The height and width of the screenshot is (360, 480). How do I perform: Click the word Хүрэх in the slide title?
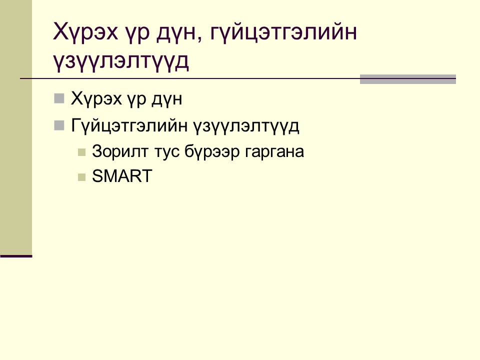click(x=85, y=31)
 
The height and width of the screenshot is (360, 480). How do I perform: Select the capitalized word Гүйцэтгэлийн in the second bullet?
click(x=129, y=126)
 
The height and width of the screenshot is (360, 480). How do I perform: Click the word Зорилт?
click(x=120, y=151)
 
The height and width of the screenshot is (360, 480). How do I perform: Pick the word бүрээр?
click(x=212, y=152)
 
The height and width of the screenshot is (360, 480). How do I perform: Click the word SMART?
click(x=122, y=176)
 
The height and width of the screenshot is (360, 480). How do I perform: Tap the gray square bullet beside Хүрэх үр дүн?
click(x=59, y=98)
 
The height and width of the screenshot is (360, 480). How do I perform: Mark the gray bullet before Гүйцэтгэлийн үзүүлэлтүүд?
click(x=59, y=125)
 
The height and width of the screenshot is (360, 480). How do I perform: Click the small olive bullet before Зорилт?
click(x=81, y=152)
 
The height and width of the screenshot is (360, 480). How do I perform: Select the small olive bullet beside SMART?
click(x=81, y=177)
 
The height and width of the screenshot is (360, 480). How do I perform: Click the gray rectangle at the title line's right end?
click(x=408, y=79)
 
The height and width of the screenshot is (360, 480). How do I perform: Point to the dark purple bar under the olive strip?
click(x=16, y=256)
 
